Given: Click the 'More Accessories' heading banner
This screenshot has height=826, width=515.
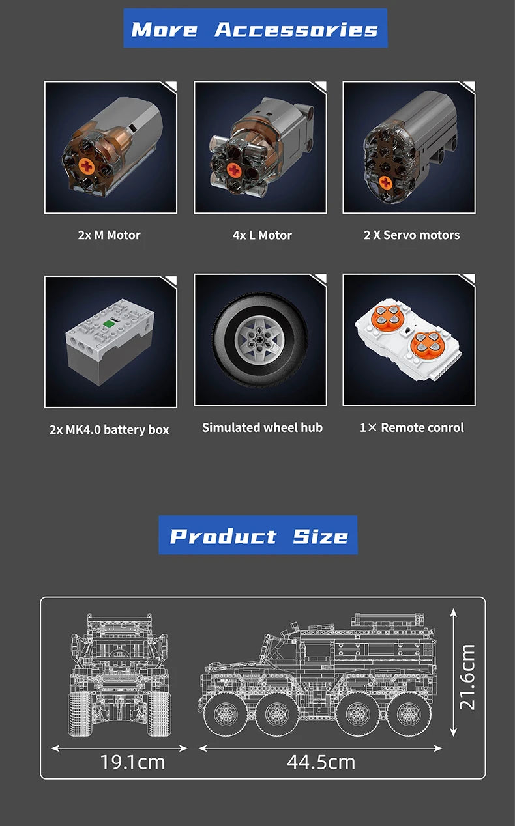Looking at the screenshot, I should [255, 29].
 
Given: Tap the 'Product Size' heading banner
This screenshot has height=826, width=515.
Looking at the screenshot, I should [258, 535].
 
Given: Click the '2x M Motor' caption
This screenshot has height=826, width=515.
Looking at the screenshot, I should [109, 235].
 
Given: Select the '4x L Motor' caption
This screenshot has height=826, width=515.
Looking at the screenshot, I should [262, 235].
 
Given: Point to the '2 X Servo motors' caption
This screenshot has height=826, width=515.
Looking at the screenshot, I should [411, 235].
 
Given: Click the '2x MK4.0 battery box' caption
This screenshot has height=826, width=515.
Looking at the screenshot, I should [109, 429].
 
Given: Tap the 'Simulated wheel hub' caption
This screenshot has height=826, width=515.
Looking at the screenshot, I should [262, 427].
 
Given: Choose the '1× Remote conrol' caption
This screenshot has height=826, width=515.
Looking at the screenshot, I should [411, 427].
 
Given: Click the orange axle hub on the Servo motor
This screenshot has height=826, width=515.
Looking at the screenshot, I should [386, 182].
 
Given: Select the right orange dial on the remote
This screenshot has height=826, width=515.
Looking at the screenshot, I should [431, 343].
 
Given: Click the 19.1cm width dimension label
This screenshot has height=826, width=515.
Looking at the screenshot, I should [132, 762].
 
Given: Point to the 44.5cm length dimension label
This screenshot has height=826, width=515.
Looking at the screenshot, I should [321, 762].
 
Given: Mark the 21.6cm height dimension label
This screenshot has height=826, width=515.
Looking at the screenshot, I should [467, 677].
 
